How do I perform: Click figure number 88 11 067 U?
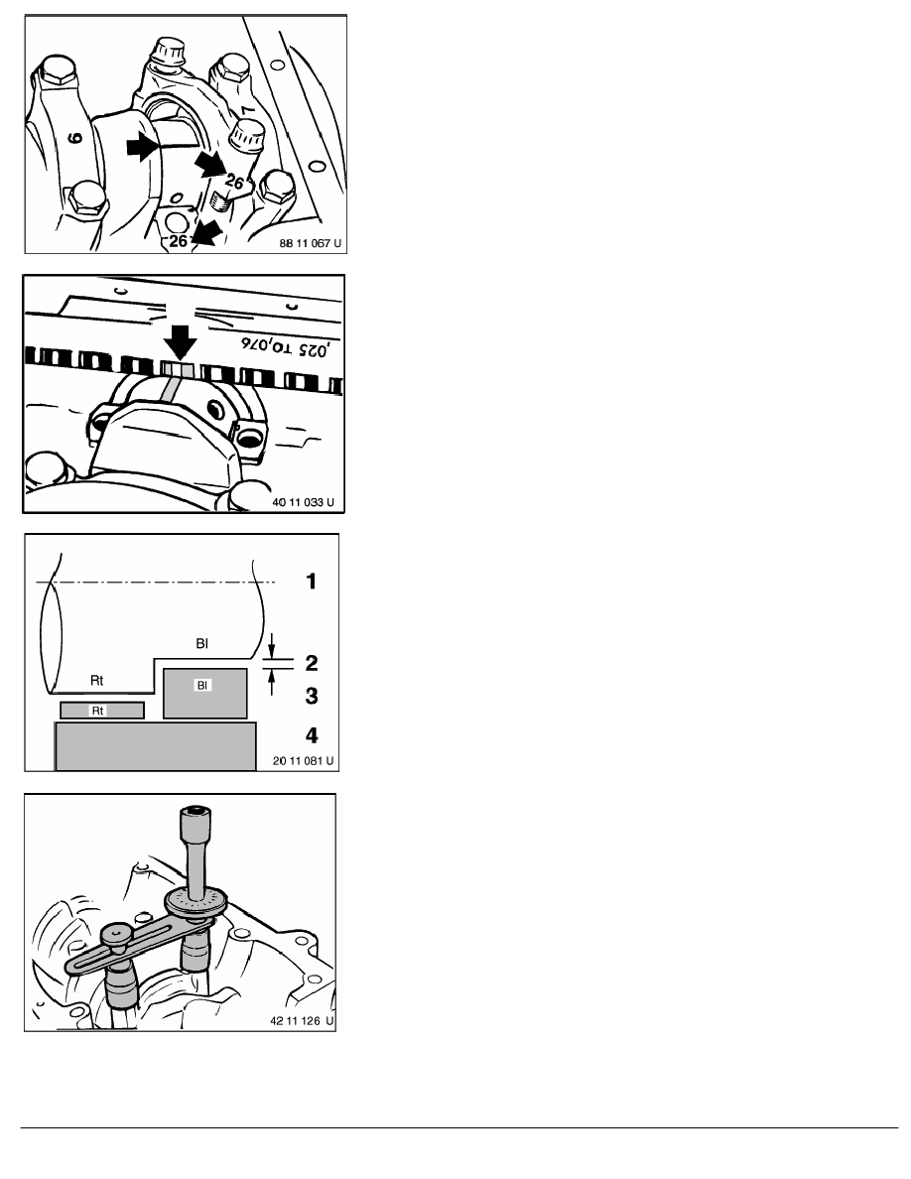point(310,243)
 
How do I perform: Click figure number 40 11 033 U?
point(303,502)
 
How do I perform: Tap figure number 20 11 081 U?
point(303,761)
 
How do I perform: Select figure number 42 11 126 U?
point(302,1021)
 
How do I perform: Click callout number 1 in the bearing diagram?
point(312,582)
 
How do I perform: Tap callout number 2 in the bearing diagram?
point(312,662)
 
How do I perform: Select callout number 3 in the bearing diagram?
point(312,697)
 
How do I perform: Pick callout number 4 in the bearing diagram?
point(312,735)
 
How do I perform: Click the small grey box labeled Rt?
point(102,710)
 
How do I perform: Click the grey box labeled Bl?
point(205,694)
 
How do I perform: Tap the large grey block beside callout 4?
point(156,746)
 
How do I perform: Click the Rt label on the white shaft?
point(97,681)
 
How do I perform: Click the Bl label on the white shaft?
point(202,644)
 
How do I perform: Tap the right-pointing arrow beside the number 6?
point(142,147)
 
